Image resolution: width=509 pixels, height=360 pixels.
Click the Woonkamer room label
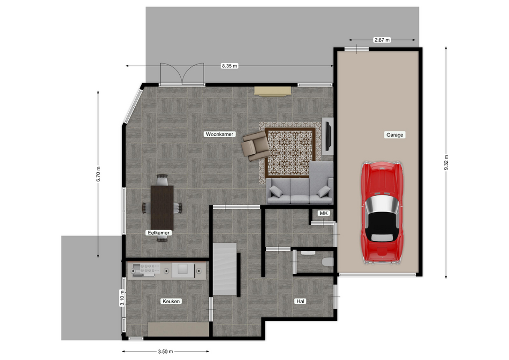[220, 134]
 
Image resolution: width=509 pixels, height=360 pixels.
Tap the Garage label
[394, 135]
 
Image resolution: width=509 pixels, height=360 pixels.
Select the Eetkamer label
[159, 233]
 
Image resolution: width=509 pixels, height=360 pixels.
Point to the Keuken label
[171, 301]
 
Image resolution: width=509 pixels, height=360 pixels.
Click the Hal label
[300, 301]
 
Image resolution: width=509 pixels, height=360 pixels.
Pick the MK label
[323, 213]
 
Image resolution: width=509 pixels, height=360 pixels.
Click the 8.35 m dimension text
[229, 66]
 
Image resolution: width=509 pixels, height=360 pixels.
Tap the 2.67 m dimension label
[382, 40]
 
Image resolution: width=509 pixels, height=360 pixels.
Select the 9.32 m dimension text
[446, 162]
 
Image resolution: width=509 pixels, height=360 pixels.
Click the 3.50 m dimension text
[165, 351]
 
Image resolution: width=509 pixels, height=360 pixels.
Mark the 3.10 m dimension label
[122, 298]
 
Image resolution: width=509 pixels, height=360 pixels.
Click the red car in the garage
[382, 212]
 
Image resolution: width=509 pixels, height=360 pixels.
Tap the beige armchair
[256, 146]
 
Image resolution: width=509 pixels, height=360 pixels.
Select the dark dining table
[162, 208]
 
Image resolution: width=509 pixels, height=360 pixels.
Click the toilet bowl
[328, 261]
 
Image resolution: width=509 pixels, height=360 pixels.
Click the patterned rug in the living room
[290, 153]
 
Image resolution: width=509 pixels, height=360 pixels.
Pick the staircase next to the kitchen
[225, 269]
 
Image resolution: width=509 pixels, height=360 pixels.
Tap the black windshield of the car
[381, 224]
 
